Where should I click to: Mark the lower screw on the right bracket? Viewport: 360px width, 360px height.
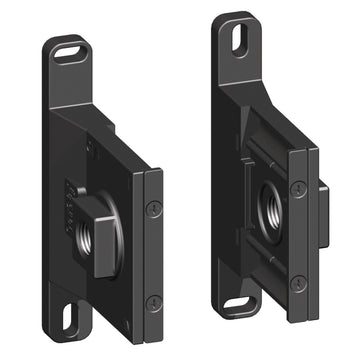click(x=296, y=282)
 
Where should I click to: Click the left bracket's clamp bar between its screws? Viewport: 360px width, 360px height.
click(x=152, y=255)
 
